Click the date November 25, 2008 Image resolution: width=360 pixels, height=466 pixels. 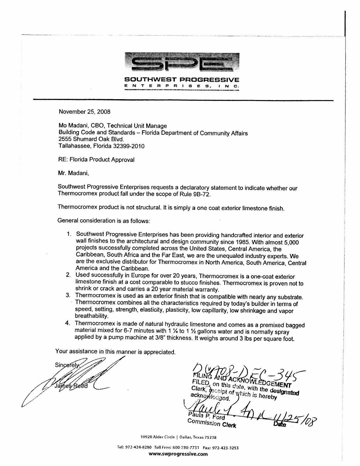(x=84, y=112)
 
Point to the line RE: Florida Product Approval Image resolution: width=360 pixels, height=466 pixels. (x=96, y=160)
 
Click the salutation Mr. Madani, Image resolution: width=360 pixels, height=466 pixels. (x=73, y=173)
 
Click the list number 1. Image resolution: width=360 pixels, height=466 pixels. (x=69, y=234)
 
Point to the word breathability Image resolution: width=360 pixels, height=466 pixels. (x=92, y=316)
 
